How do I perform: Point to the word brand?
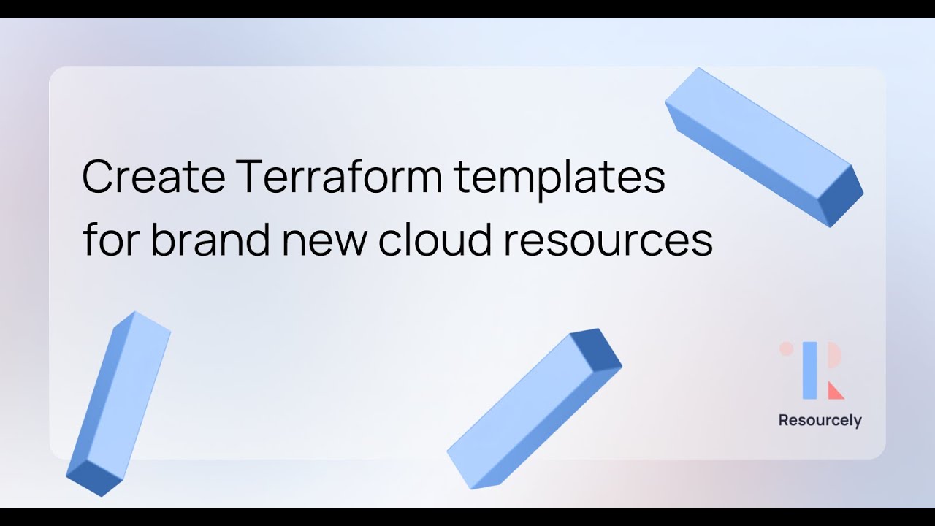click(210, 240)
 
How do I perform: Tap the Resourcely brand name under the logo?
click(820, 421)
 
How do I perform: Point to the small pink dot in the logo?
click(786, 348)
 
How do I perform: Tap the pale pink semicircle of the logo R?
click(833, 359)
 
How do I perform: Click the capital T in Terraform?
click(250, 177)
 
